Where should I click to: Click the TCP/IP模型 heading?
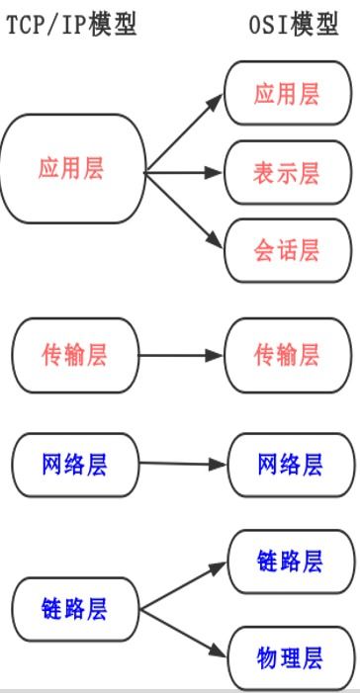pyautogui.click(x=71, y=24)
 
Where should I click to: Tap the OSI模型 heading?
pyautogui.click(x=293, y=24)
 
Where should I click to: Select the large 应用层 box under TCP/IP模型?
pyautogui.click(x=72, y=168)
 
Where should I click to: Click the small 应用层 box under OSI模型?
pyautogui.click(x=287, y=94)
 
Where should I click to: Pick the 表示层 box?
pyautogui.click(x=287, y=173)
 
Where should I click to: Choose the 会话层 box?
pyautogui.click(x=287, y=250)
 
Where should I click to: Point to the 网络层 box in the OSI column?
pyautogui.click(x=290, y=463)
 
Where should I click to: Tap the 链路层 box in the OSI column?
pyautogui.click(x=290, y=562)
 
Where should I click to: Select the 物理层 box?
pyautogui.click(x=290, y=657)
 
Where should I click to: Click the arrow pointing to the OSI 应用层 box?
pyautogui.click(x=185, y=133)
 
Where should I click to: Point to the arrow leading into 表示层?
pyautogui.click(x=185, y=173)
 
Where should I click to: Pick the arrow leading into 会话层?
pyautogui.click(x=185, y=212)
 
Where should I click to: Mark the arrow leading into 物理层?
pyautogui.click(x=184, y=634)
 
